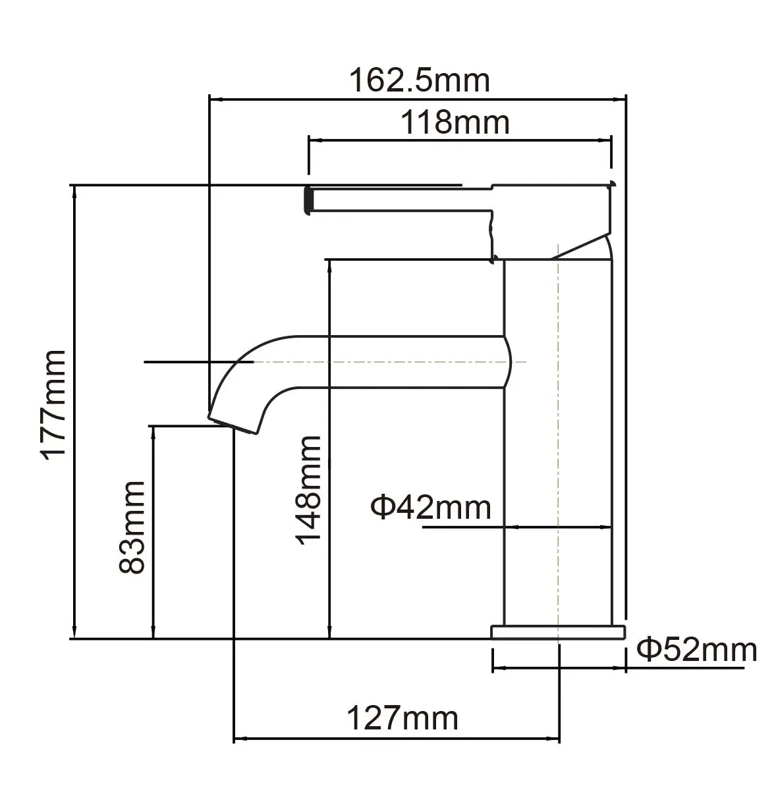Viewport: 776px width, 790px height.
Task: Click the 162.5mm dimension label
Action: coord(419,80)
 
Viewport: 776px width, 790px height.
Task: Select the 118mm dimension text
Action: coord(456,122)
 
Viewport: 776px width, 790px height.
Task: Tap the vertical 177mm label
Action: coord(53,404)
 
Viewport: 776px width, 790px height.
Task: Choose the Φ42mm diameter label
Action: coord(431,508)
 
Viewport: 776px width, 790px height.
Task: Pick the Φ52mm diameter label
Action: coord(696,650)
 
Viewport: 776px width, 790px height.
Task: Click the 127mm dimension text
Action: coord(402,718)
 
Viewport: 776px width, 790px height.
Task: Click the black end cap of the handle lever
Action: coord(306,199)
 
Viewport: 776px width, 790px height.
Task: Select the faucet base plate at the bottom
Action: coord(557,632)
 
